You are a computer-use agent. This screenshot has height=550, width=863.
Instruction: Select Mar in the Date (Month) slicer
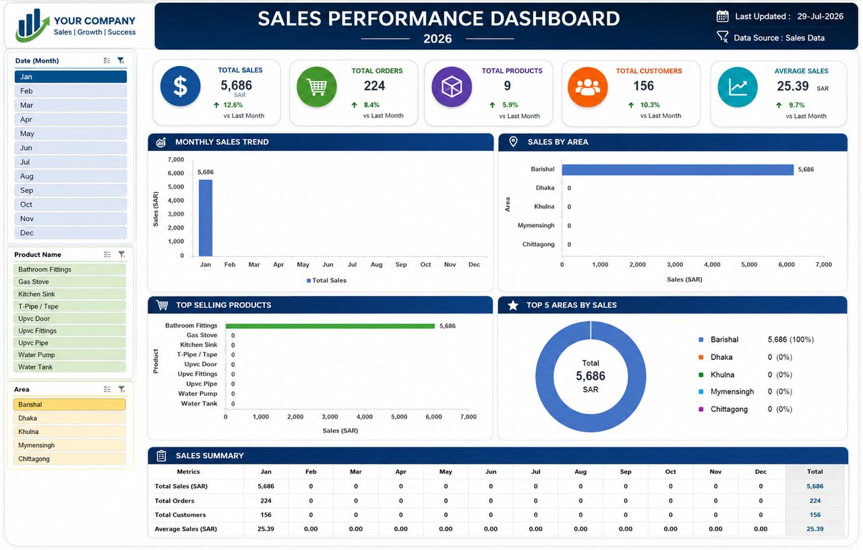point(71,105)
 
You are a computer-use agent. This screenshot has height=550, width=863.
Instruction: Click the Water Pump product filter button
point(69,355)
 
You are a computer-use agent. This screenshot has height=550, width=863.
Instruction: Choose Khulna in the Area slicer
point(69,431)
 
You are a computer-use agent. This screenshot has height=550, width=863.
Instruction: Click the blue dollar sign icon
point(180,86)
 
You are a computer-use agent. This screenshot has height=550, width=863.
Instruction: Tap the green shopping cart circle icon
point(317,87)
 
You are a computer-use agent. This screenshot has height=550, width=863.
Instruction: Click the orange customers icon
point(587,87)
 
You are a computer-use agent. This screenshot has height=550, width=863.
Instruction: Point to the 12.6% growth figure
point(233,104)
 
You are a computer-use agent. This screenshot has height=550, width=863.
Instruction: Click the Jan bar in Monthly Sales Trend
point(206,218)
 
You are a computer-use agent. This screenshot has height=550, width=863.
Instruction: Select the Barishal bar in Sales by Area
point(678,169)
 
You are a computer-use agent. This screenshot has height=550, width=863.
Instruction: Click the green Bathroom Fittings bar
point(330,326)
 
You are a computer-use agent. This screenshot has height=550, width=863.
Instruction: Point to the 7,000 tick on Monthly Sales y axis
point(176,160)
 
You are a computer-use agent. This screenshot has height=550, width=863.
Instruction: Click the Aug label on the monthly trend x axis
point(376,265)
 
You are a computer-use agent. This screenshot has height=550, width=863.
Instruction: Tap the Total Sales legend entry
point(327,280)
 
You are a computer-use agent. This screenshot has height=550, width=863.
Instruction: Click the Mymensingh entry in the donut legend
point(732,392)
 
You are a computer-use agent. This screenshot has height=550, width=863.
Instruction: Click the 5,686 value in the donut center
point(590,376)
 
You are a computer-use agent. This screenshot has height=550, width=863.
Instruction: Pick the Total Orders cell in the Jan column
point(266,501)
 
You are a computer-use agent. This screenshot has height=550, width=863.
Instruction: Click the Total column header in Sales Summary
point(815,471)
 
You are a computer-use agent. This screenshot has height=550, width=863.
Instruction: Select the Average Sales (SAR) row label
point(185,529)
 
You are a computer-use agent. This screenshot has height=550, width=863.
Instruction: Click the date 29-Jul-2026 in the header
point(821,16)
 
